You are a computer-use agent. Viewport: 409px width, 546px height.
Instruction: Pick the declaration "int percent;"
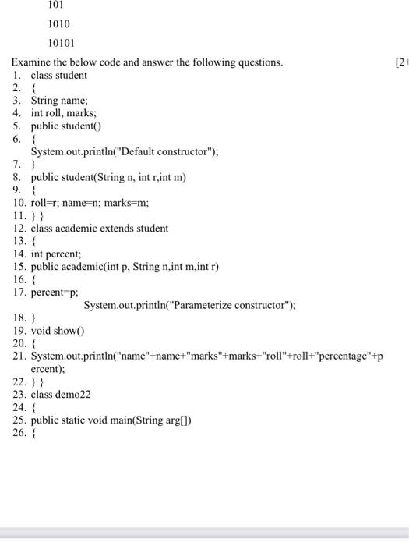(x=58, y=253)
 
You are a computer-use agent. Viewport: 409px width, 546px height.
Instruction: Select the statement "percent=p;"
(x=55, y=292)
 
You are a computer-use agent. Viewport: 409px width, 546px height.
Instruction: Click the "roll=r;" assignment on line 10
(x=48, y=203)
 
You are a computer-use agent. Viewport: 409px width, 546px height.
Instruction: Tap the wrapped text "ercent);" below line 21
(x=48, y=368)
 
